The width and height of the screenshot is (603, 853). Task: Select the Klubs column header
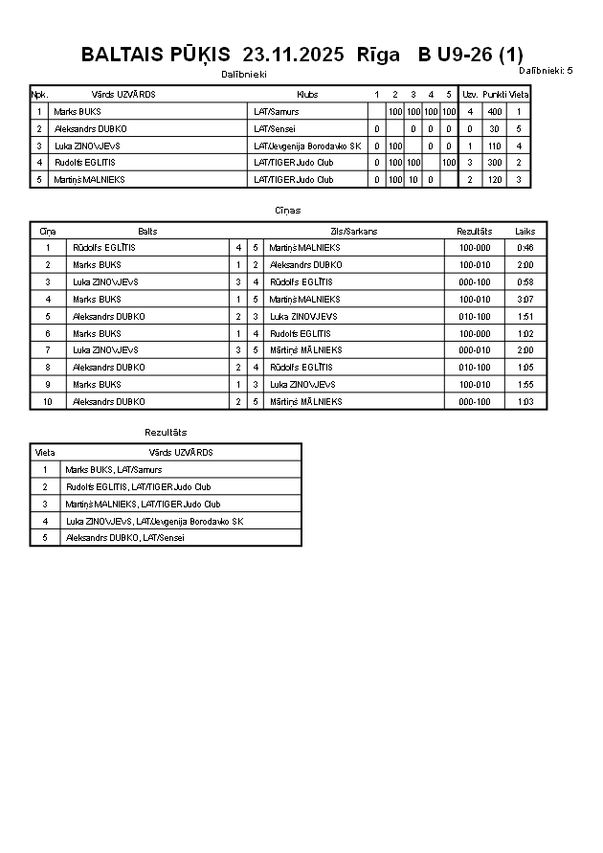(x=307, y=95)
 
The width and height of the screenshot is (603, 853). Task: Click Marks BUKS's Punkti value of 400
(x=494, y=112)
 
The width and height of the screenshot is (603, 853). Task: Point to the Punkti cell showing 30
(x=494, y=129)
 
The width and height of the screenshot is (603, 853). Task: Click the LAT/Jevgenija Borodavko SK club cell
(x=306, y=146)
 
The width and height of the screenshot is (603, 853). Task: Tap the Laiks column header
(x=525, y=232)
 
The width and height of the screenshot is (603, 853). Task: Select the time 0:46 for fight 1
(x=525, y=248)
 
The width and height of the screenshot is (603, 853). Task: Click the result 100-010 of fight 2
(x=475, y=265)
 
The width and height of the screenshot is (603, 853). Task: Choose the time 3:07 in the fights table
(x=525, y=300)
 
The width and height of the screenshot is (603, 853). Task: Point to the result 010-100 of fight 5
(x=475, y=317)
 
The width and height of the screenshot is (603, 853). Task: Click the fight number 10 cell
(x=48, y=402)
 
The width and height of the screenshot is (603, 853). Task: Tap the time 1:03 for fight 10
(x=525, y=402)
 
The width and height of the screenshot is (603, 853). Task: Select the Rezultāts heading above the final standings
(x=166, y=433)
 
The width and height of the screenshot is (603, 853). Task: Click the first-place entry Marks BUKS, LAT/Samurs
(x=113, y=470)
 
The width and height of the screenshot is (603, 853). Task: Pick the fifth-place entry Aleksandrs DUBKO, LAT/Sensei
(x=124, y=538)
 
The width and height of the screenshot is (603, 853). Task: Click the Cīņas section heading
(x=287, y=210)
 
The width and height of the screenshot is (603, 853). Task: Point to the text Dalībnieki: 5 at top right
(x=546, y=70)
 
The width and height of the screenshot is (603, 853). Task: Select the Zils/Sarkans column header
(x=354, y=232)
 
